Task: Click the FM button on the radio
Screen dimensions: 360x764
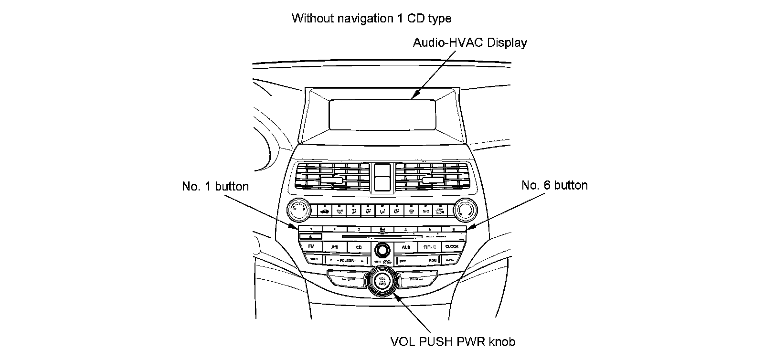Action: coord(311,246)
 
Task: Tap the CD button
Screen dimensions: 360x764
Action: coord(359,247)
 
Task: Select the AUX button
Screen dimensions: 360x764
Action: coord(406,247)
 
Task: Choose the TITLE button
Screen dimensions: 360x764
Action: coord(429,247)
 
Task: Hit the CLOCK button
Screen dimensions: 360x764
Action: coord(452,246)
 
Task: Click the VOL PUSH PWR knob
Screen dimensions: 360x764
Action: coord(382,280)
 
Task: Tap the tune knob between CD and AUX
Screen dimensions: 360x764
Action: coord(382,249)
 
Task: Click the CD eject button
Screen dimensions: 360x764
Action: coord(310,236)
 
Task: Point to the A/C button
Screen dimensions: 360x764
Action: coord(425,210)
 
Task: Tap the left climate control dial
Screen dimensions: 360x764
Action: coord(299,209)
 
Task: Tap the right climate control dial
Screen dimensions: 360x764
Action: coord(465,209)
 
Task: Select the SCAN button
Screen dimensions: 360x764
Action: coord(313,260)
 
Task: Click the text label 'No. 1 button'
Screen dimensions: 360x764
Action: coord(215,186)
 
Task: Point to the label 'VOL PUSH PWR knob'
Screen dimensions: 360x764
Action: coord(453,342)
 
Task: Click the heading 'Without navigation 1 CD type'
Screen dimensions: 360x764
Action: coord(371,19)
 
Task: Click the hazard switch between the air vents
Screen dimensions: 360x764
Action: coord(382,177)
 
